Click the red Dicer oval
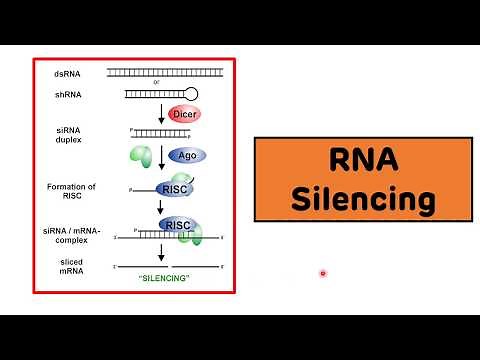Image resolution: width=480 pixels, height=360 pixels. pos(185,116)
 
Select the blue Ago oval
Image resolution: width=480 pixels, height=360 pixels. pos(185,155)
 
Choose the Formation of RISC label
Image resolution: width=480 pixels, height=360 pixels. pos(71,191)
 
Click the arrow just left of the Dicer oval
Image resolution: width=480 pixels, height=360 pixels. pos(160,116)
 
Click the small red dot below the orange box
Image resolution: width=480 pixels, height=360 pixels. pos(322,273)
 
